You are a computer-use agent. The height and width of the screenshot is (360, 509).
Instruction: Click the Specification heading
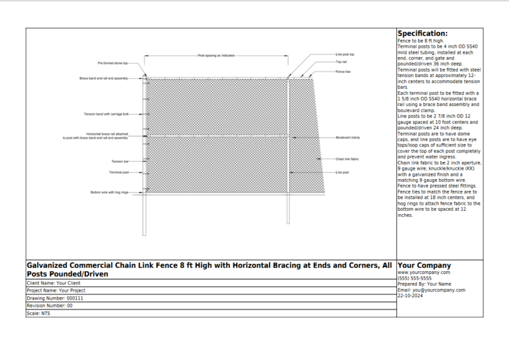pos(422,34)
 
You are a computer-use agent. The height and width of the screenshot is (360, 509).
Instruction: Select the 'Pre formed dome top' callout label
pos(113,64)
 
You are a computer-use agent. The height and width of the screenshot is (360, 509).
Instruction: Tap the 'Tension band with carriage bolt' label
pos(106,114)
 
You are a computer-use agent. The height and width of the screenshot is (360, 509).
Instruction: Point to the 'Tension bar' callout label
pos(120,161)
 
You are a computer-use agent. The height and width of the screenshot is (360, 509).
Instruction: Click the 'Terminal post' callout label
pos(119,172)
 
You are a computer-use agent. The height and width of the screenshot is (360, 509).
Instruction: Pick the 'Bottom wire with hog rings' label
pos(109,192)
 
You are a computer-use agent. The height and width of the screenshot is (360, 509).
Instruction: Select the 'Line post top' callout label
pos(345,54)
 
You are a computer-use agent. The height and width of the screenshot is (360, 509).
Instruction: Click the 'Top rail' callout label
pos(341,62)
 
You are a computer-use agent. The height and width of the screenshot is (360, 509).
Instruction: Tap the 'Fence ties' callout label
pos(343,71)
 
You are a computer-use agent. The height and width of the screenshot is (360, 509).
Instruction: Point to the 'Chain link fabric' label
pos(347,159)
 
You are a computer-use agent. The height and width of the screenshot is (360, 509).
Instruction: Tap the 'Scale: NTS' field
pos(38,314)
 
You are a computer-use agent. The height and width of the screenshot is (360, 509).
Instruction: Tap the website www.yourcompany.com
pos(424,272)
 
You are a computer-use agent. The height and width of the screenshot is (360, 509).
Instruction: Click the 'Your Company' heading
pos(424,265)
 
